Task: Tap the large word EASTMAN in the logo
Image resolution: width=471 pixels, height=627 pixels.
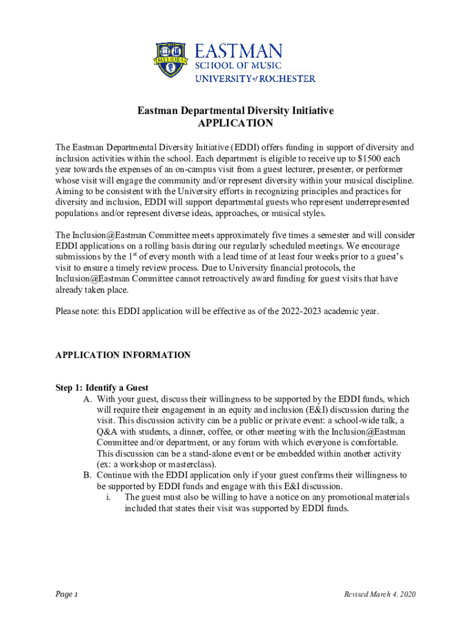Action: [x=239, y=51]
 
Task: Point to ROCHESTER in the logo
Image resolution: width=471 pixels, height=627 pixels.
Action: [x=285, y=78]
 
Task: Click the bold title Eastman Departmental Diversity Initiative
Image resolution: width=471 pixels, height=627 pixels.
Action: [x=236, y=111]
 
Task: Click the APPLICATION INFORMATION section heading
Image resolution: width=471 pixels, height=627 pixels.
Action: [x=123, y=355]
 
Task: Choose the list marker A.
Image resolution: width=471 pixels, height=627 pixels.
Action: [x=87, y=399]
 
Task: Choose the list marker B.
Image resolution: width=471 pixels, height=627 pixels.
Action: [x=87, y=475]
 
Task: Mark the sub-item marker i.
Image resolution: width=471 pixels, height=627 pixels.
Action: [x=108, y=497]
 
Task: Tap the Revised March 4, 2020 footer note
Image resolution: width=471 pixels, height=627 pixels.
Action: [x=379, y=595]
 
